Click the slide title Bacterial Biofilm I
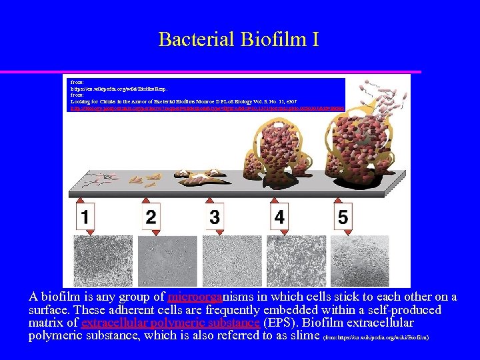click(239, 39)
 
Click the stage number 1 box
click(85, 217)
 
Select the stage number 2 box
click(151, 217)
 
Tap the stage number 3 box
click(215, 217)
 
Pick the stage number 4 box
click(279, 217)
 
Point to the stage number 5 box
click(343, 217)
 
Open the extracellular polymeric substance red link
click(170, 323)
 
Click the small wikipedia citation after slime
click(375, 337)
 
